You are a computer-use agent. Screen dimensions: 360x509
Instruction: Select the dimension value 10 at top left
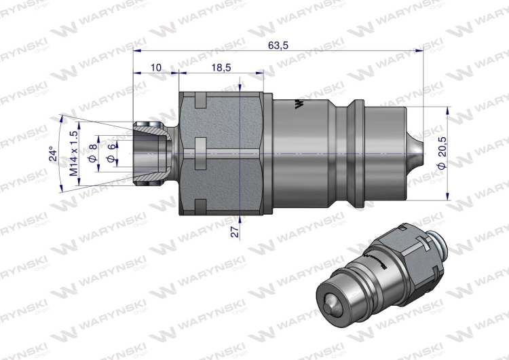(x=155, y=67)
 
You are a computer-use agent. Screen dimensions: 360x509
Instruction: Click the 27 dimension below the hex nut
(x=234, y=232)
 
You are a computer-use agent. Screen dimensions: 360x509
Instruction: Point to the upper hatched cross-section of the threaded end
(x=149, y=127)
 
